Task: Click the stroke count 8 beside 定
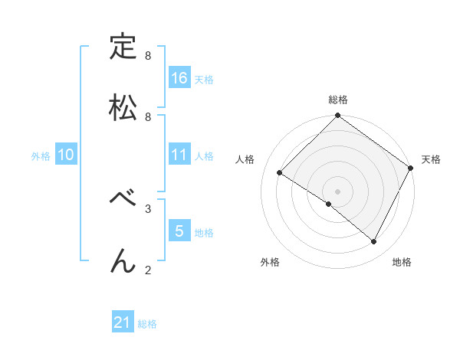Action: point(148,56)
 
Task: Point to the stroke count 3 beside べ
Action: point(148,208)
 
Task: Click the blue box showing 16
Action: point(179,78)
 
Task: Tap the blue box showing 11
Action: point(179,155)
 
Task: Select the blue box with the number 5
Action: point(179,231)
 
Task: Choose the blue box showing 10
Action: point(66,155)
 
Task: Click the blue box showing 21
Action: point(123,323)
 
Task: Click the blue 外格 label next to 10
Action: point(41,156)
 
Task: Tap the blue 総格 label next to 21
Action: point(147,324)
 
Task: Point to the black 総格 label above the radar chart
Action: point(338,100)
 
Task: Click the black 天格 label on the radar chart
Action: point(431,159)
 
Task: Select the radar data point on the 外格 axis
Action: point(328,204)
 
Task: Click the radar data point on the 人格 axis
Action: point(280,173)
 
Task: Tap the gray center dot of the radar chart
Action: point(338,191)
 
